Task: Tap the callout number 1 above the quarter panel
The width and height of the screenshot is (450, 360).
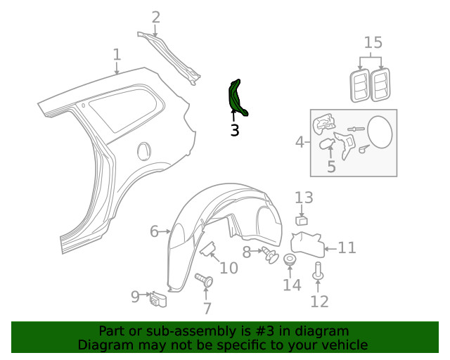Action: (x=117, y=55)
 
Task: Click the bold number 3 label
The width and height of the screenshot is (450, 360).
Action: (x=234, y=130)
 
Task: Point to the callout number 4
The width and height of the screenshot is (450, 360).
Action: (x=300, y=143)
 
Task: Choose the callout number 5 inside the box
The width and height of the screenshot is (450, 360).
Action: (x=331, y=167)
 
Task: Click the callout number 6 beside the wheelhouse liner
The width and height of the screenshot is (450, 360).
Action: (x=154, y=231)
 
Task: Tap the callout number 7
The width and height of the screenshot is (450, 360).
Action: (x=207, y=308)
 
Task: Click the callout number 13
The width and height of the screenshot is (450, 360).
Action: (x=304, y=198)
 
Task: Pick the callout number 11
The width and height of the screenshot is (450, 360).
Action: (x=347, y=247)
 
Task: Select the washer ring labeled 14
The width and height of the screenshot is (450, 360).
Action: (x=290, y=262)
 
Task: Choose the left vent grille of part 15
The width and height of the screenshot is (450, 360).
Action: (x=360, y=84)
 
